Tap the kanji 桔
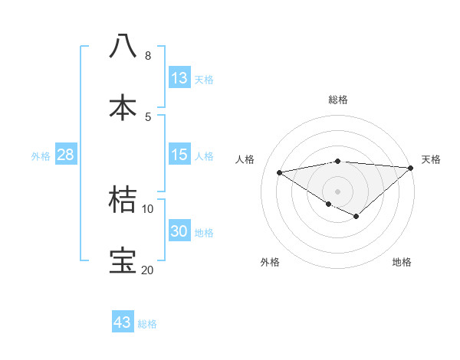coord(123,200)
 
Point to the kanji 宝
coord(123,261)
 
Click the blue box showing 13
coord(179,78)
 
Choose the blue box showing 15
coord(179,155)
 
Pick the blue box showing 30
coord(179,231)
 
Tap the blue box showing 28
coord(66,155)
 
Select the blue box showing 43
coord(123,322)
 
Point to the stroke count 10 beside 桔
coord(147,208)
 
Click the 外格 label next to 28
coord(41,155)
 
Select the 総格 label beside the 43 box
coord(147,323)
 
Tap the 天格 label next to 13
coord(204,79)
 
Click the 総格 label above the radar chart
coord(338,100)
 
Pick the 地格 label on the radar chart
coord(402,262)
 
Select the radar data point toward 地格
coord(356,217)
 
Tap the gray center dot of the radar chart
coord(337,191)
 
